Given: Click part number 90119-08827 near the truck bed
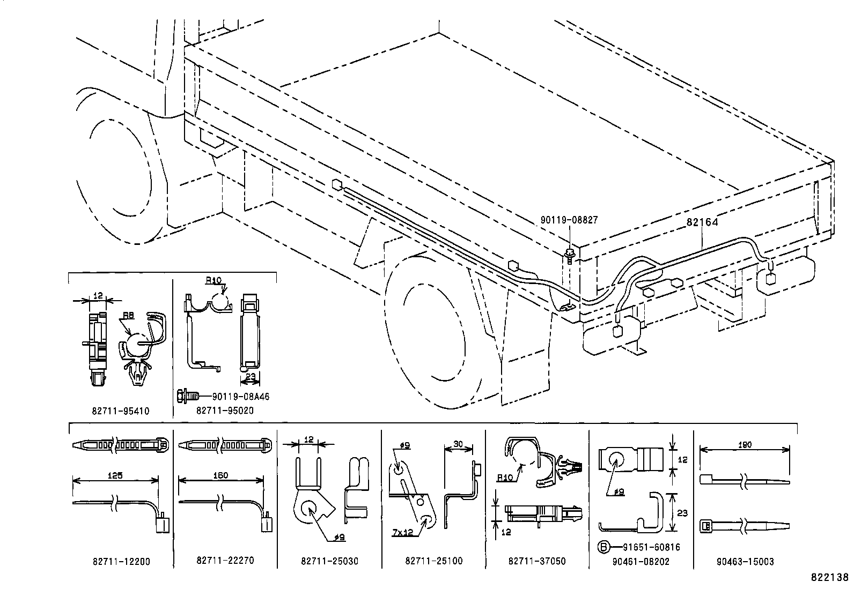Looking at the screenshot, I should (x=569, y=220).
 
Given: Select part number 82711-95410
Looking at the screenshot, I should (x=120, y=411).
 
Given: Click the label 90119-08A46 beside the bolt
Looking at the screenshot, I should (x=240, y=397).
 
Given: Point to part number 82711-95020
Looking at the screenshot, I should (x=225, y=411).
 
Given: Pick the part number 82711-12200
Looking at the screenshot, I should (x=121, y=562).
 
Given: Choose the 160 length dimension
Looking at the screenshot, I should (x=220, y=475).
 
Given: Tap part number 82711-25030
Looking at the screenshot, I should (x=329, y=561).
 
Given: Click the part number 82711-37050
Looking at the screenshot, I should (x=536, y=561).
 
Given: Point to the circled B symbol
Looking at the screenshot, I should (x=604, y=547).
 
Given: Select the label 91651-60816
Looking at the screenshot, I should (x=651, y=547).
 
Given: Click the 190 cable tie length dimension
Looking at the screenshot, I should (x=745, y=445).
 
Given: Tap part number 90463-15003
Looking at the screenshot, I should (x=745, y=562).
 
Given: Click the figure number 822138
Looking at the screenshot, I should (x=829, y=578).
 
